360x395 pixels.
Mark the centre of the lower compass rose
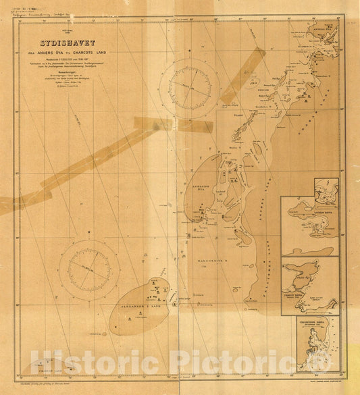pos(89,269)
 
